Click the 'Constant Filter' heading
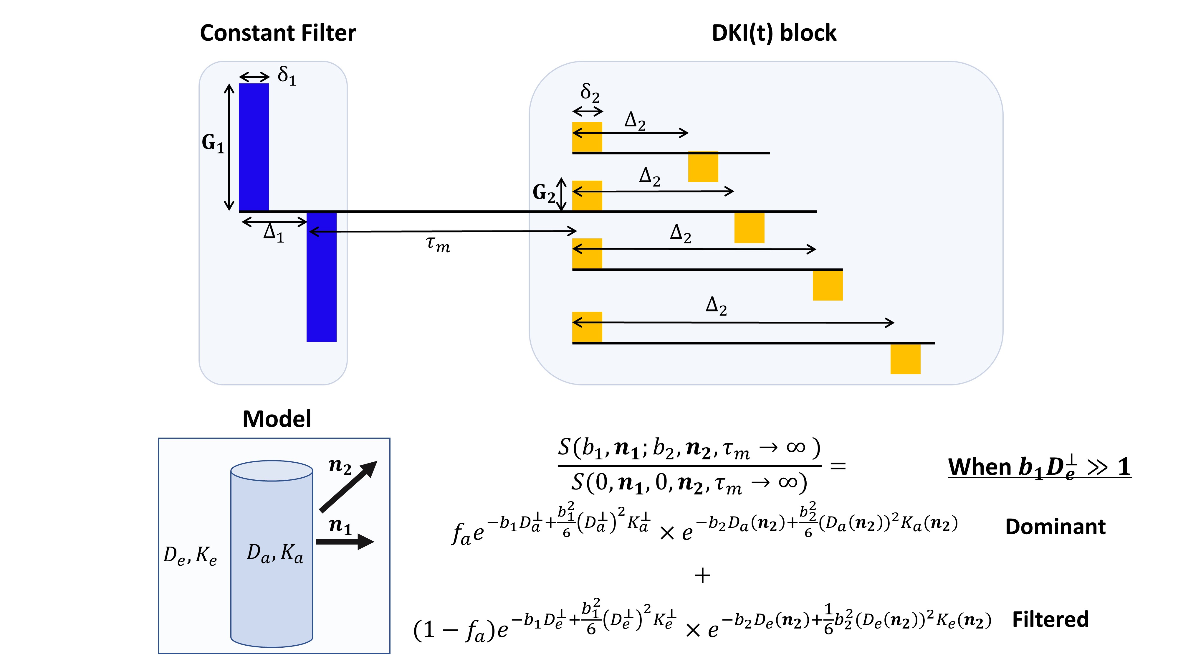278,33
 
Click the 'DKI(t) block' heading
774,33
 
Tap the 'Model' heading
277,419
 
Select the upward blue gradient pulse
254,147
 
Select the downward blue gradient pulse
322,276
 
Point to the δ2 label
590,93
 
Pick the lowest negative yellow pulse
905,359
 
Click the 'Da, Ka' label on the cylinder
274,553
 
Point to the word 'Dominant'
1055,527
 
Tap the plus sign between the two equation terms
702,575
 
